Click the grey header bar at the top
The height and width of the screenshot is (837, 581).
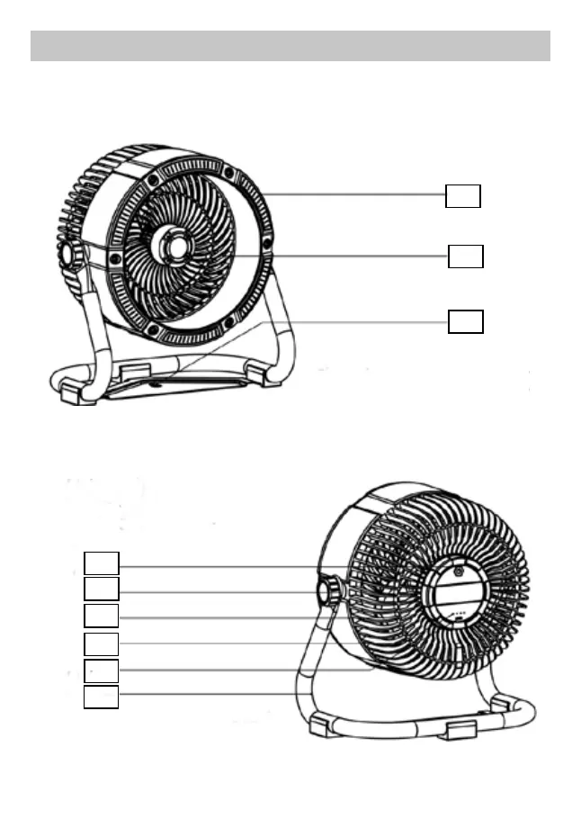(x=290, y=46)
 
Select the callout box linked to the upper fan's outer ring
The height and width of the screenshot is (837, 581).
(x=463, y=195)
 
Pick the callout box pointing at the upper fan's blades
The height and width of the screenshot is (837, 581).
(x=465, y=256)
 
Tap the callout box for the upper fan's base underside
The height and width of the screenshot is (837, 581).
(x=465, y=322)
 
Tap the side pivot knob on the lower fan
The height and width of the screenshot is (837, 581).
(x=328, y=590)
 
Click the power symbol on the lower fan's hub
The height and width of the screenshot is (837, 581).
(x=458, y=570)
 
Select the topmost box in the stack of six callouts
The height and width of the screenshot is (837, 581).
(x=102, y=563)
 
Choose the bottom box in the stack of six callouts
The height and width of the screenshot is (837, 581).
(x=102, y=697)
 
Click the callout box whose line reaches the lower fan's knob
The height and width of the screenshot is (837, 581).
(x=102, y=589)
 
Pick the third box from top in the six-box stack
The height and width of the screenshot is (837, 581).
(x=102, y=616)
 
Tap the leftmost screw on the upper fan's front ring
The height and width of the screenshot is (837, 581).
(x=116, y=259)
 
